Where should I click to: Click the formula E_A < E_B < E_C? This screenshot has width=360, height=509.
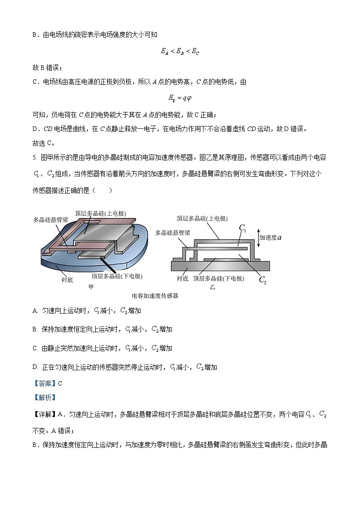(x=180, y=52)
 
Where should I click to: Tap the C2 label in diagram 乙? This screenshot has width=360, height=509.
(x=263, y=280)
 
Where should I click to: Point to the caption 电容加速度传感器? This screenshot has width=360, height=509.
(x=155, y=296)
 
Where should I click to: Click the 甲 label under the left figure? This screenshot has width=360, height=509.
(x=91, y=287)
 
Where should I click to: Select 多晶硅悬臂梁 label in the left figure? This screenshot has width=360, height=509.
(x=51, y=220)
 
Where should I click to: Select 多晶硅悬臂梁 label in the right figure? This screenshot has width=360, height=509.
(x=172, y=233)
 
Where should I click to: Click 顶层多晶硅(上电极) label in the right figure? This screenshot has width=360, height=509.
(x=202, y=218)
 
